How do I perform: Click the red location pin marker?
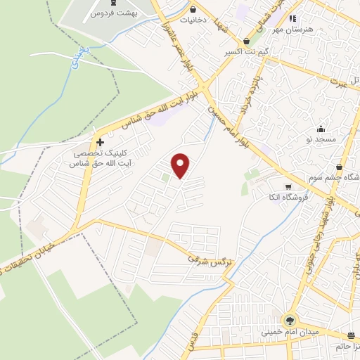click(181, 165)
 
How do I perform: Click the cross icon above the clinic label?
click(101, 142)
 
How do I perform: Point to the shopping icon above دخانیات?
click(193, 11)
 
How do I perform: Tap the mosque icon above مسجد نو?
click(321, 129)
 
